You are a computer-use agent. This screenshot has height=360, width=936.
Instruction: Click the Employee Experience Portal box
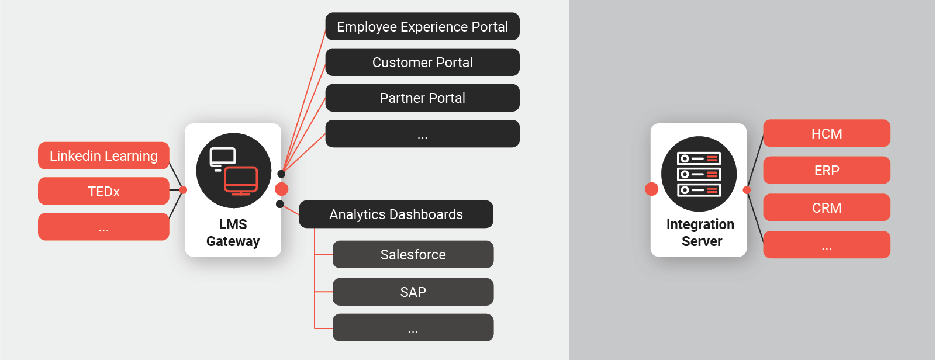pos(422,27)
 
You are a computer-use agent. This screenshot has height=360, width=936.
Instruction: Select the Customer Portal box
pos(422,63)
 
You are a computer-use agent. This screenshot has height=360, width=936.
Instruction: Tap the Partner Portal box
pos(422,98)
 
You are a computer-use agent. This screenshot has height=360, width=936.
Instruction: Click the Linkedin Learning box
pos(103,156)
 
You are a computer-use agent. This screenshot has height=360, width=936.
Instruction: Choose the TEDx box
pos(103,192)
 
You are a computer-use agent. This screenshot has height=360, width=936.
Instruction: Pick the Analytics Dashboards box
pos(396,214)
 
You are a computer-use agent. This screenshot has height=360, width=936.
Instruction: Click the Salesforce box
pos(413,255)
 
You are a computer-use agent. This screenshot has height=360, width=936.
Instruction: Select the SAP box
pos(413,292)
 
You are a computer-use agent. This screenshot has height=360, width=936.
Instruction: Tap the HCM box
pos(827,134)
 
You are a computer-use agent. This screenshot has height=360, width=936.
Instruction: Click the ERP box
pos(827,171)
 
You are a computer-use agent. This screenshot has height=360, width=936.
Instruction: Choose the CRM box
pos(827,208)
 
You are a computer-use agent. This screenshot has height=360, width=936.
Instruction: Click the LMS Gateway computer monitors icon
pos(234,171)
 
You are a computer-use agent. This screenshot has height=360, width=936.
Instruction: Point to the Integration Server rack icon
pos(699,174)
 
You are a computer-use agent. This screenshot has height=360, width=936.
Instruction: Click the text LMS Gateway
pos(233,233)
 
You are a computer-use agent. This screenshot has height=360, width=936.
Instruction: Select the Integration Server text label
pos(700,233)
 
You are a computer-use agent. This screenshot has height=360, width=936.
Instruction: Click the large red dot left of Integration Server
pos(651,189)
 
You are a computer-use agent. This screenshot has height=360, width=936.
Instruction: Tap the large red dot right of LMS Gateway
pos(281,189)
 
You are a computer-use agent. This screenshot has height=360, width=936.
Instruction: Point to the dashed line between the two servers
pos(468,189)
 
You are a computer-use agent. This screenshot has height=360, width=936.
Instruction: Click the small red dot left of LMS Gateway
pos(183,190)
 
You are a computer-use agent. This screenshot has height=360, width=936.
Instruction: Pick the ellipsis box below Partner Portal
pos(422,134)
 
